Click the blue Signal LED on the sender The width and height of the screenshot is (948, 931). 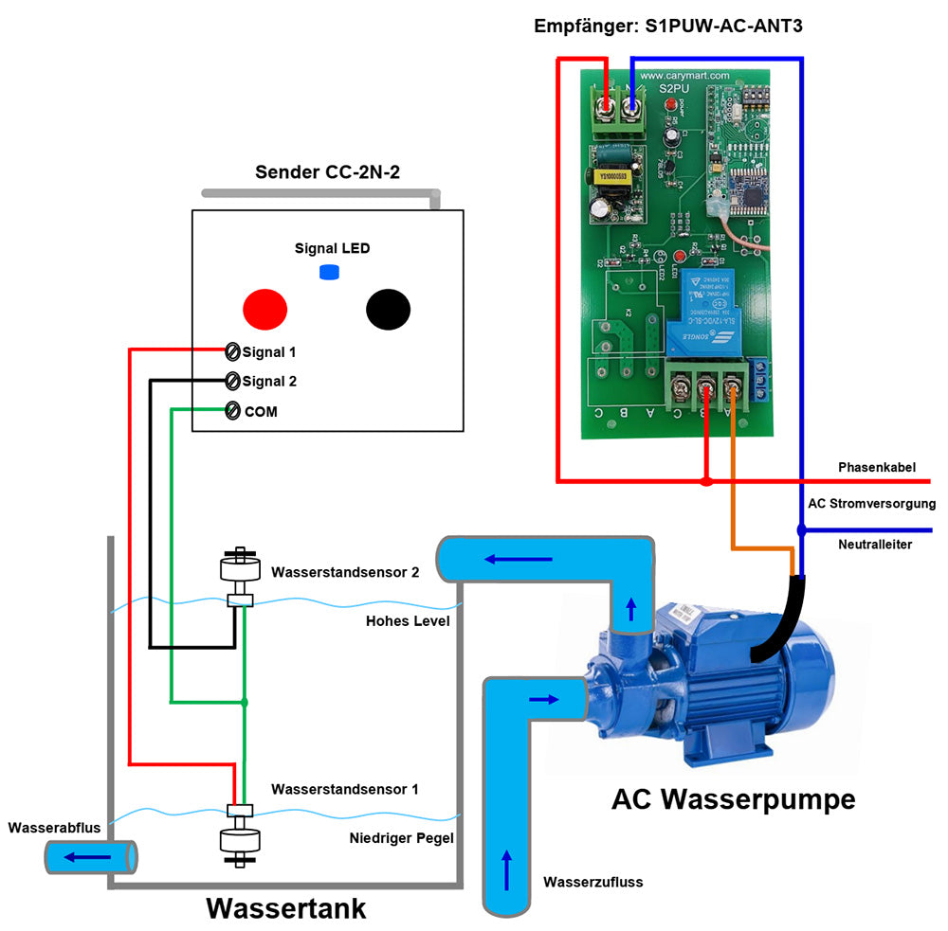(329, 273)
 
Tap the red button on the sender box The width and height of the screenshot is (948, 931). (264, 309)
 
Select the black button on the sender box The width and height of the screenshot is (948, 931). (388, 309)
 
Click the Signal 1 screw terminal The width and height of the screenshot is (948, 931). (232, 351)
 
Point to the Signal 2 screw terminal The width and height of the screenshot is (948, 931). (232, 381)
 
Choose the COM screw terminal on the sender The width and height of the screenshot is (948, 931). (232, 411)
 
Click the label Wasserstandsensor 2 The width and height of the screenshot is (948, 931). (344, 572)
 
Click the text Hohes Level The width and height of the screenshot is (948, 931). (408, 621)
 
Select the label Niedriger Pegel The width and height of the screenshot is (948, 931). (401, 838)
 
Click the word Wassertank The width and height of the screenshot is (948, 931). (285, 908)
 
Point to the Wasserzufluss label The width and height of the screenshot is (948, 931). (592, 882)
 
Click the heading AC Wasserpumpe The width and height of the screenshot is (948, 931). (733, 799)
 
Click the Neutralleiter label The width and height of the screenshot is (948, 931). (874, 545)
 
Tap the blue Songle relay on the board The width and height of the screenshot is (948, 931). (718, 313)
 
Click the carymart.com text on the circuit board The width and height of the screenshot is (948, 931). (684, 75)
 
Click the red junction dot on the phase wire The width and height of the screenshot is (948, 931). (706, 481)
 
